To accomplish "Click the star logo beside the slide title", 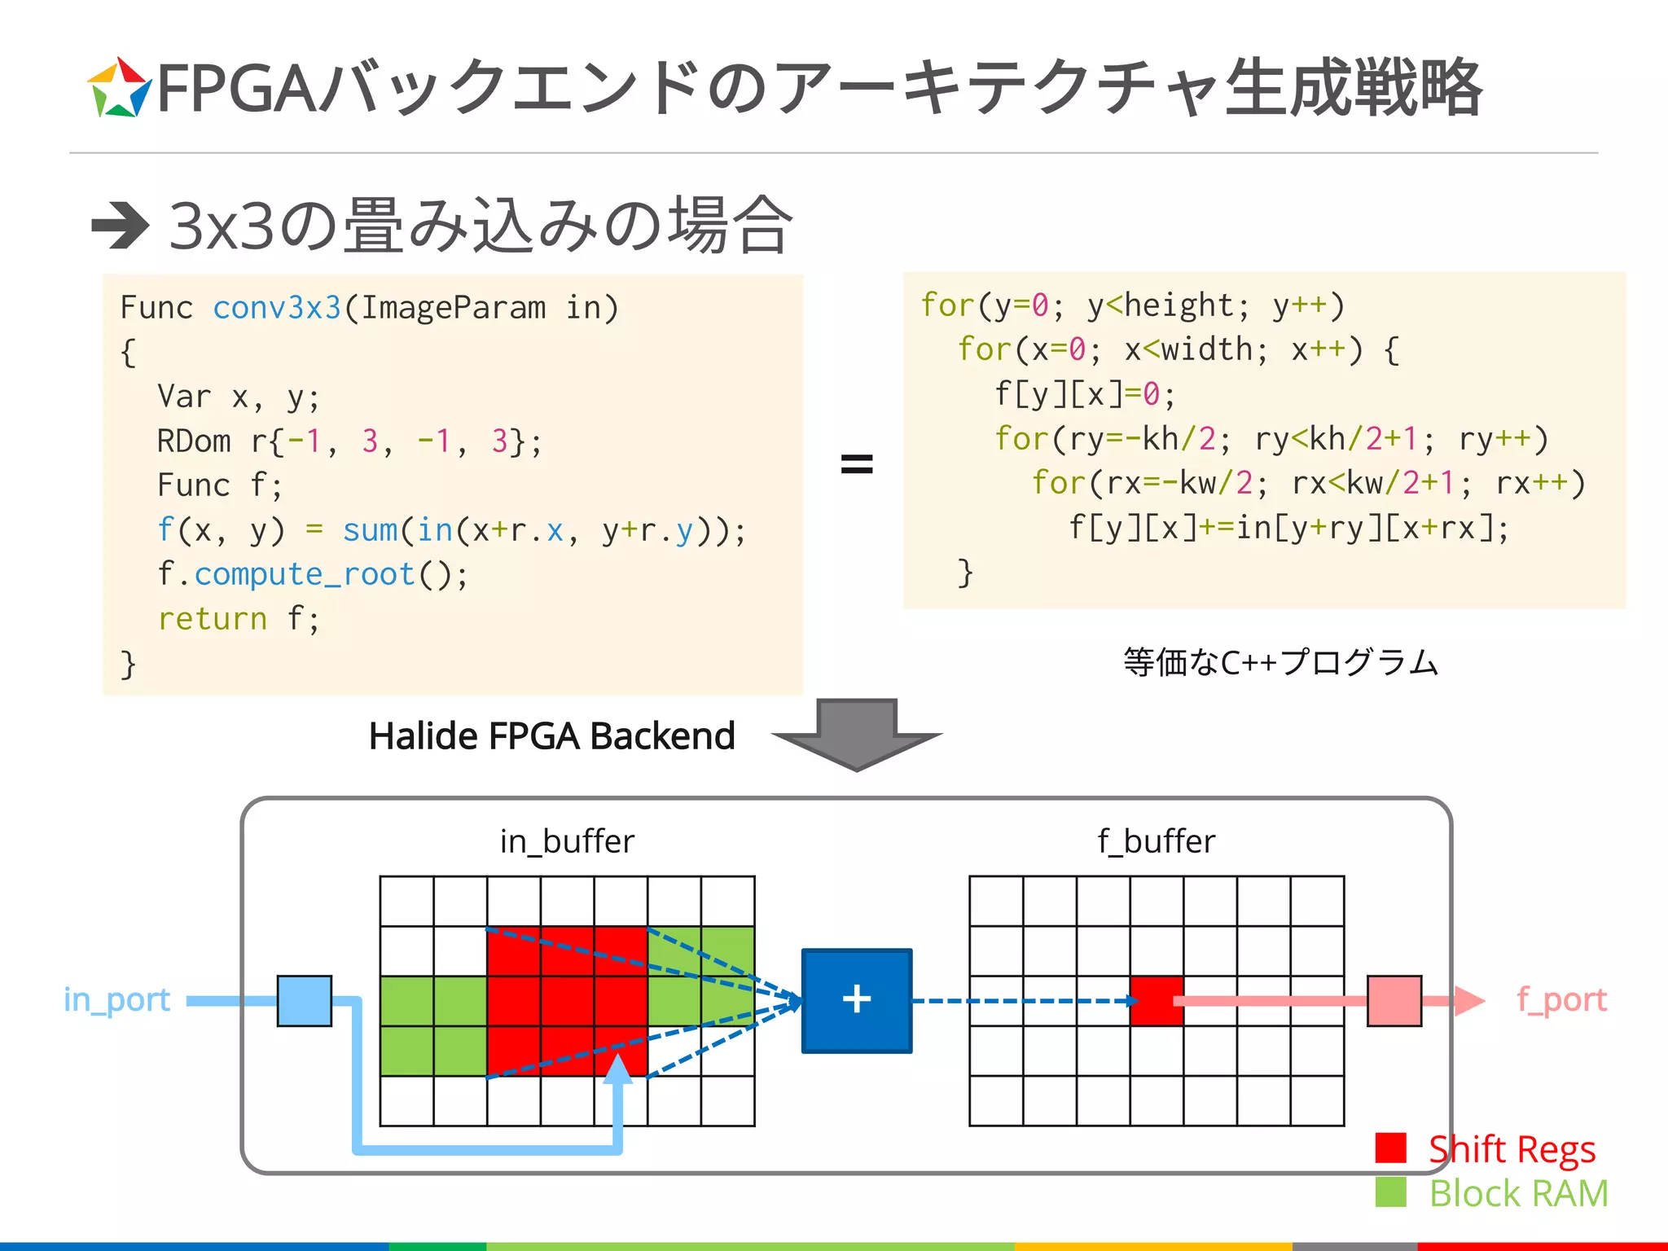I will point(119,88).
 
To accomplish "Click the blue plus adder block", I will point(856,1000).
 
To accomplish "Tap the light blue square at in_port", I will point(304,1000).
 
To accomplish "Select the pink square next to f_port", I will point(1394,1000).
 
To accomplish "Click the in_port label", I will point(116,999).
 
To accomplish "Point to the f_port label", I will point(1561,999).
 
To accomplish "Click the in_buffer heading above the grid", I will point(567,841).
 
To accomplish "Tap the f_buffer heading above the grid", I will point(1156,841).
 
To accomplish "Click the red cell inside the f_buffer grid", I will point(1156,1000).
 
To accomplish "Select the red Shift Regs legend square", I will point(1390,1148).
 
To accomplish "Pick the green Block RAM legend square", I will point(1390,1192).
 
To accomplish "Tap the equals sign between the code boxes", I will point(856,464).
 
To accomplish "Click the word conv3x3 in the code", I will point(276,307).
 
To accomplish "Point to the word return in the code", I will point(212,619).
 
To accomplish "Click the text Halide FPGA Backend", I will point(551,735).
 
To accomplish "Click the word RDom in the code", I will point(194,441).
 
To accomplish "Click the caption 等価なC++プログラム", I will point(1280,662).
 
